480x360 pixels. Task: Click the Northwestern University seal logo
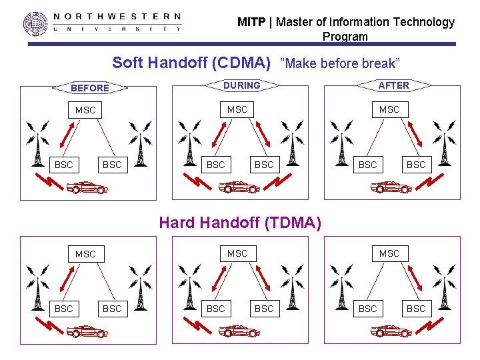coord(36,23)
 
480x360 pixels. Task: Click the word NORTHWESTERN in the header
coord(117,16)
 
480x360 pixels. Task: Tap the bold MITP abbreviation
coord(251,22)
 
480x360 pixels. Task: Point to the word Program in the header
coord(345,37)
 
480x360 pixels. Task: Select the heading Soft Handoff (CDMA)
coord(191,63)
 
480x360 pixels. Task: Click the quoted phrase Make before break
coord(341,63)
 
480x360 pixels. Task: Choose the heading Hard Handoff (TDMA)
coord(240,223)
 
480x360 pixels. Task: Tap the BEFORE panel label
coord(90,88)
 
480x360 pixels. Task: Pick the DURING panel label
coord(241,85)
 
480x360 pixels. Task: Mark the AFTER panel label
coord(394,85)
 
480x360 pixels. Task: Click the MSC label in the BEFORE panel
coord(85,110)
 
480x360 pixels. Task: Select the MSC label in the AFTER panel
coord(389,109)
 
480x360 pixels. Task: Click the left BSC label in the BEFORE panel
coord(64,165)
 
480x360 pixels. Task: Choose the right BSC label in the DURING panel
coord(264,165)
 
